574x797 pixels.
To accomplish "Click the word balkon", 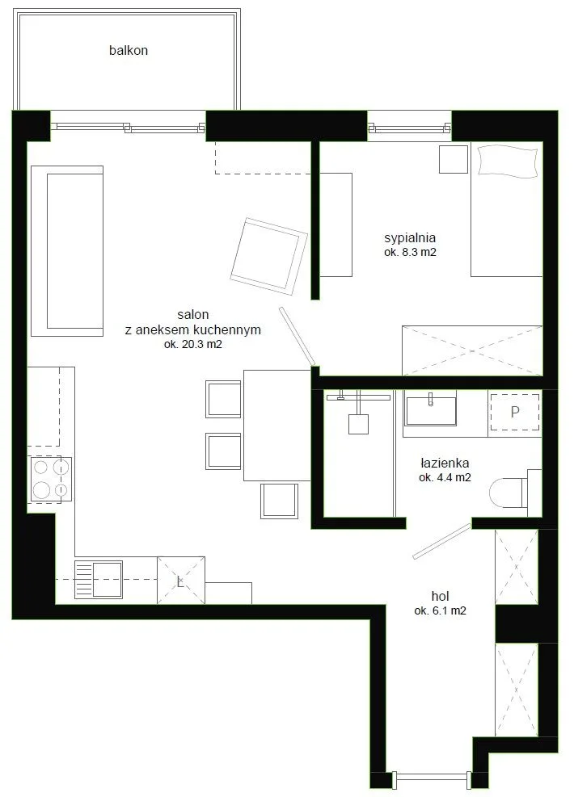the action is point(129,50).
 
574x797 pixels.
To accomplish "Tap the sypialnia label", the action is point(410,238).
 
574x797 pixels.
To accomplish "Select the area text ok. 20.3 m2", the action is point(193,344).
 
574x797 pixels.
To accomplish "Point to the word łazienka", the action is point(445,463).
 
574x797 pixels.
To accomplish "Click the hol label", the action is point(440,596).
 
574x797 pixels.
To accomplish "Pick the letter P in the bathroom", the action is point(515,412).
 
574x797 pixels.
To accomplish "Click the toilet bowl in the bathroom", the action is point(506,493).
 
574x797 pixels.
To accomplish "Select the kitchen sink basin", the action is point(108,580).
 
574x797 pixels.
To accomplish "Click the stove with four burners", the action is point(50,480).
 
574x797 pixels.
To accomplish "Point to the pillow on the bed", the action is point(509,161).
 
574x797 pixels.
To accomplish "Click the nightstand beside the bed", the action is point(454,159).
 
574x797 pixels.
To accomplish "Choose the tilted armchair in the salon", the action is point(268,256).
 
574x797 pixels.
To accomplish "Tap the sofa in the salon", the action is point(67,251).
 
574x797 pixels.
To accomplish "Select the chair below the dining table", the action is point(280,501).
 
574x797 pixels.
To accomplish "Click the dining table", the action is point(276,426).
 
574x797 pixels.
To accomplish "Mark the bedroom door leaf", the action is point(298,337).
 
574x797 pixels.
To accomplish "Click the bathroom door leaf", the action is point(442,542).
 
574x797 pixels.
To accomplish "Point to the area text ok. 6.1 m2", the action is point(440,611).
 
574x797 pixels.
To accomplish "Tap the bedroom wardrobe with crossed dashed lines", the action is point(472,350).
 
